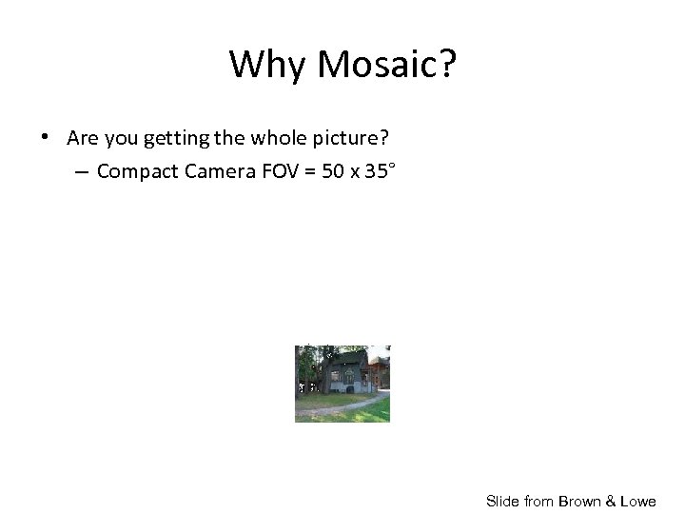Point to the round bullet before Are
45,137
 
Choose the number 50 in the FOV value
333,172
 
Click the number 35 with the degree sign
380,171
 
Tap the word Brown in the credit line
580,501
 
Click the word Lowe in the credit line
637,501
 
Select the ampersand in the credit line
610,501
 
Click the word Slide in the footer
502,501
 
